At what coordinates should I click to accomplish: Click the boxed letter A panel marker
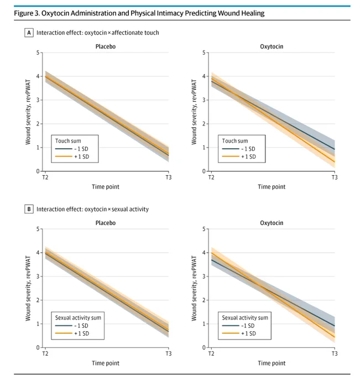29,33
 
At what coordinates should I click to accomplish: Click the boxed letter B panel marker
29,209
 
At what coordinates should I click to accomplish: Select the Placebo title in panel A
106,46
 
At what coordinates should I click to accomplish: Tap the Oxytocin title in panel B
272,223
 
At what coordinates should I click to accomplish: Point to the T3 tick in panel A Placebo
169,177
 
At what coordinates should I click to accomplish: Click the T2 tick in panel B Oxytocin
211,354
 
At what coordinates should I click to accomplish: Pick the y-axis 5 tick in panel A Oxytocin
204,53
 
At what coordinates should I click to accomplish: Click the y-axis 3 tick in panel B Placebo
38,276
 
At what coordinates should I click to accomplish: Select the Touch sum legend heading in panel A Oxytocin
235,141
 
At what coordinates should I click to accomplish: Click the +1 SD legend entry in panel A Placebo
72,156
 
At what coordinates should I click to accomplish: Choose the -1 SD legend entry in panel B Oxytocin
238,326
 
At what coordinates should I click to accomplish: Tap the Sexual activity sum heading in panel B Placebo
78,318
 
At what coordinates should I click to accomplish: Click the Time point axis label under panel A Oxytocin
272,187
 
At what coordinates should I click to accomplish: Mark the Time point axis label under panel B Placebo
106,363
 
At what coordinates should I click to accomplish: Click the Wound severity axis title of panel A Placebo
28,112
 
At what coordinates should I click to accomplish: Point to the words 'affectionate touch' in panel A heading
135,33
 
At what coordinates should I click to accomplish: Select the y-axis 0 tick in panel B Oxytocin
204,347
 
